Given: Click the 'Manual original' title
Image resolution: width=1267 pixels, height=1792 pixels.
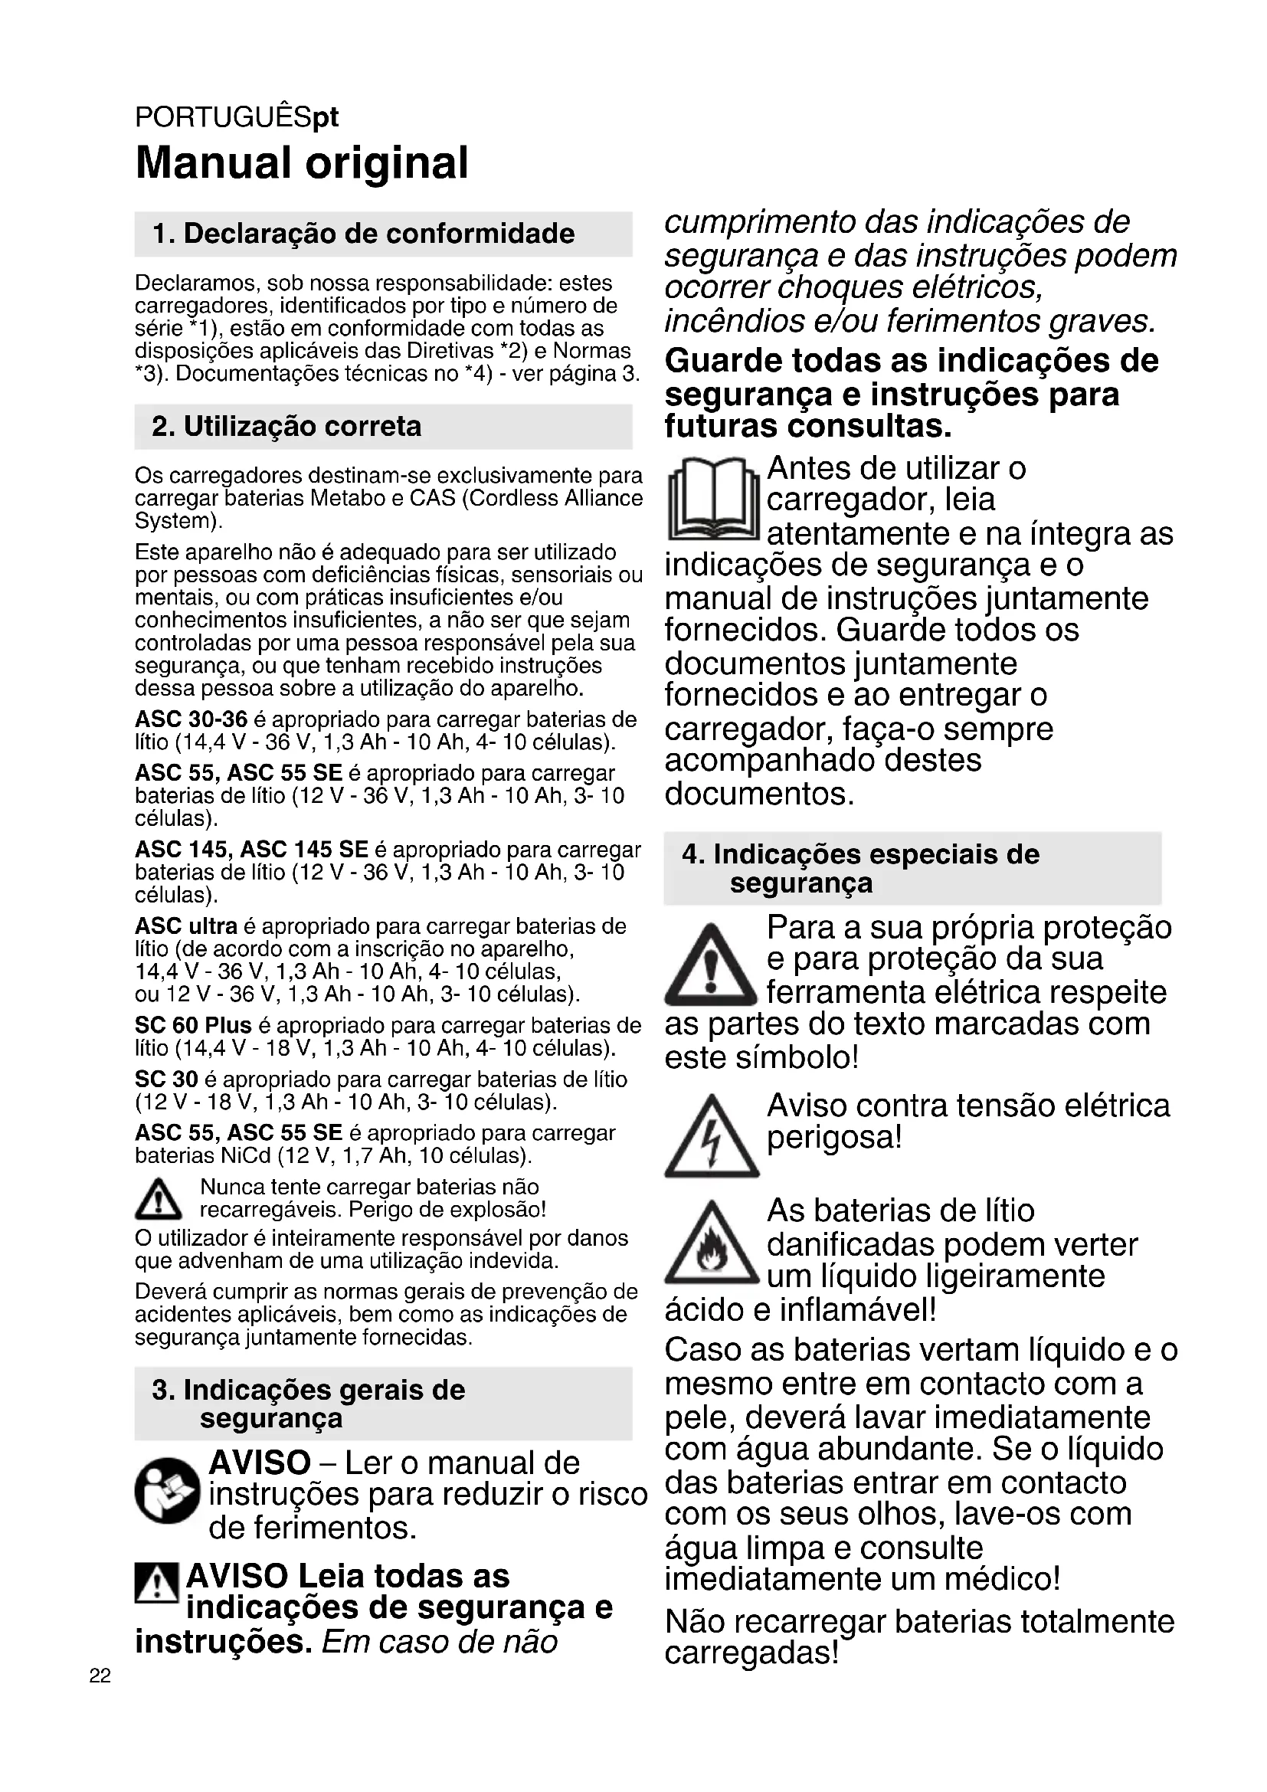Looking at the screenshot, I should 302,163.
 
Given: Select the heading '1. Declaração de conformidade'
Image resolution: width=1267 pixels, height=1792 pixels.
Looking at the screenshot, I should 364,234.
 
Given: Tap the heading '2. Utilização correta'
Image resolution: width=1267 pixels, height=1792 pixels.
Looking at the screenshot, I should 286,426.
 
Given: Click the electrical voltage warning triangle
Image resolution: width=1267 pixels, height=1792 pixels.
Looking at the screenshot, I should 712,1137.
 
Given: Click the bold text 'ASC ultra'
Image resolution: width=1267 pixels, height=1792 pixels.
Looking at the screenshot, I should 185,926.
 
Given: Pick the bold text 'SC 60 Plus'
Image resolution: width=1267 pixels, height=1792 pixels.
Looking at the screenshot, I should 194,1025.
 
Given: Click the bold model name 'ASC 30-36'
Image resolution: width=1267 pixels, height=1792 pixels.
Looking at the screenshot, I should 192,719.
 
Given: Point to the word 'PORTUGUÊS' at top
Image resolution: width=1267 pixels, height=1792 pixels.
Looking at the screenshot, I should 223,117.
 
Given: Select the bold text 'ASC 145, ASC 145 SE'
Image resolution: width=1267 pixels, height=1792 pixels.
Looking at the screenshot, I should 251,849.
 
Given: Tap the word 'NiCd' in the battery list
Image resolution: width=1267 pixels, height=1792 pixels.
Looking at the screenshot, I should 246,1155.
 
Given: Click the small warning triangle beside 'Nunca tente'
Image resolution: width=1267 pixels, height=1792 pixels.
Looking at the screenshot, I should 159,1201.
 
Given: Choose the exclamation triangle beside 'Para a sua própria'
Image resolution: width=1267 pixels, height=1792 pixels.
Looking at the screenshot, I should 712,965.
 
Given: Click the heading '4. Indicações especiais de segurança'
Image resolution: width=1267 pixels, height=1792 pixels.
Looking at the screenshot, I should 860,868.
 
